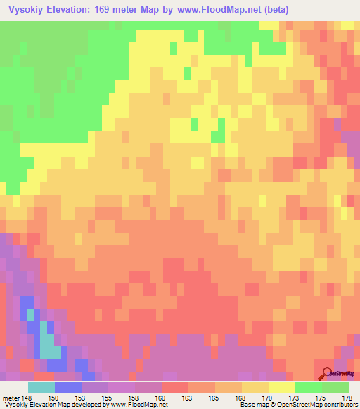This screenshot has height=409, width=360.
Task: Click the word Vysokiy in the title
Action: [28, 10]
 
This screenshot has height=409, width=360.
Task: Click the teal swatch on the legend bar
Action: [41, 387]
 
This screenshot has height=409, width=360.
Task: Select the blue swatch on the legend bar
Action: [68, 387]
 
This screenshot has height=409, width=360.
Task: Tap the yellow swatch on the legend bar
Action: [281, 387]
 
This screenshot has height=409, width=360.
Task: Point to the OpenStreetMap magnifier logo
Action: [328, 372]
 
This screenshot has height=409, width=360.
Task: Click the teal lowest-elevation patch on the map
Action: [49, 344]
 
